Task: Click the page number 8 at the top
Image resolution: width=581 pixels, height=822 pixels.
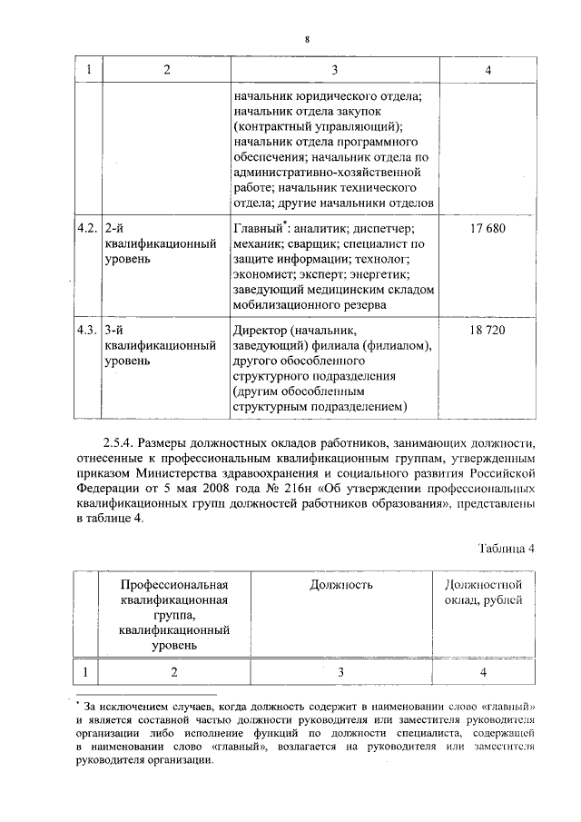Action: (x=307, y=40)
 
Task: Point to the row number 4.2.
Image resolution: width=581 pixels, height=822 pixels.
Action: (x=87, y=228)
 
